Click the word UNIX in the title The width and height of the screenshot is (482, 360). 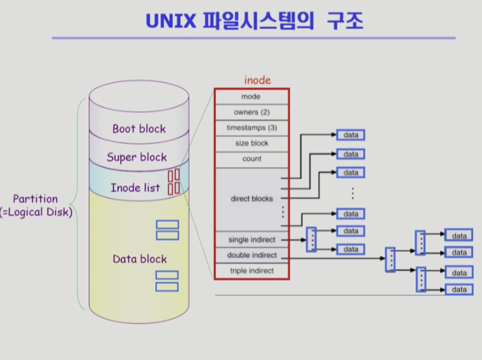click(x=171, y=21)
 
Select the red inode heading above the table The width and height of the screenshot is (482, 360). click(x=257, y=80)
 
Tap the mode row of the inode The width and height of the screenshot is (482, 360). click(x=251, y=97)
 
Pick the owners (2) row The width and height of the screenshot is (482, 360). click(x=251, y=112)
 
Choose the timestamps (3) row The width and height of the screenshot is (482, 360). click(x=251, y=128)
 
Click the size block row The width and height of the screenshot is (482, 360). click(x=251, y=144)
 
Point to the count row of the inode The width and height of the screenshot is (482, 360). click(x=251, y=159)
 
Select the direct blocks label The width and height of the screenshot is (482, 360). click(x=252, y=199)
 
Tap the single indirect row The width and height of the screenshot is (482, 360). click(x=251, y=240)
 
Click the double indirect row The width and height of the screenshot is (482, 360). click(x=251, y=255)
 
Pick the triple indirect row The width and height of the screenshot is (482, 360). click(x=251, y=271)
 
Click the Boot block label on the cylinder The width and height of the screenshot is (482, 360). click(x=139, y=128)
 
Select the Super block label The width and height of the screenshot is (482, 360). click(x=137, y=157)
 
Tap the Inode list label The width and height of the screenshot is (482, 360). click(x=135, y=188)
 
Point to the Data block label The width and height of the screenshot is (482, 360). click(x=140, y=259)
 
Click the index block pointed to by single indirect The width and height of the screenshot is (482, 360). click(x=311, y=240)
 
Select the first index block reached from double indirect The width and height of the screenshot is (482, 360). click(x=390, y=259)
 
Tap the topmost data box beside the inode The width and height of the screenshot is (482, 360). click(x=350, y=135)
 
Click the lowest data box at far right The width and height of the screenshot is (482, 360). click(x=459, y=289)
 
